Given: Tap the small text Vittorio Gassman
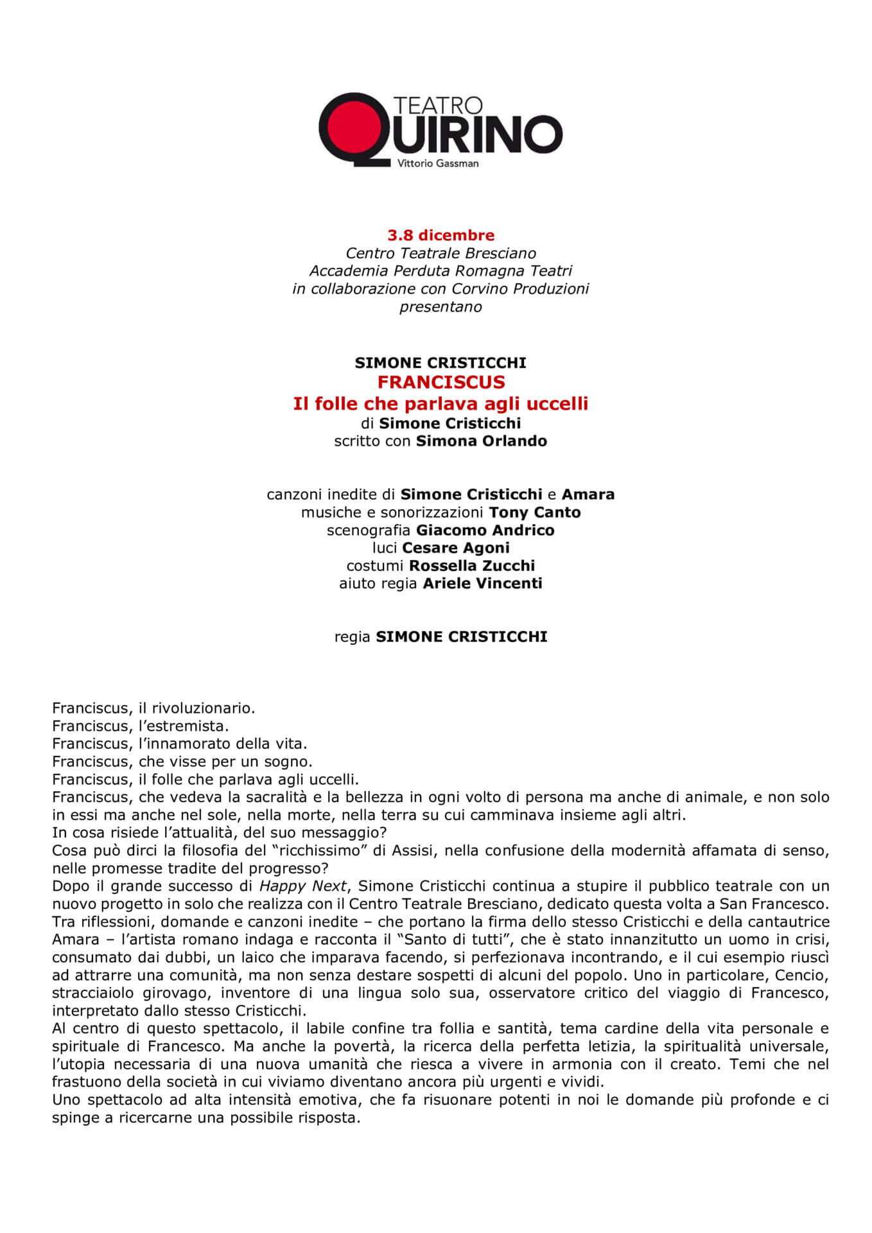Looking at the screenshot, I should point(438,164).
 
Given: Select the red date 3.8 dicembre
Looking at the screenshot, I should point(440,235).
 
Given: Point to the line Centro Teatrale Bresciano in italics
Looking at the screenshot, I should point(440,253).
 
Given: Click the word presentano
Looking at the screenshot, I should point(440,307).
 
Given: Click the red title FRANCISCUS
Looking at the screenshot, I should point(441,382).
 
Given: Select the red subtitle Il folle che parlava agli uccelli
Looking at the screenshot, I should point(440,403).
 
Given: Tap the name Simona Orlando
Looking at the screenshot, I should point(481,441).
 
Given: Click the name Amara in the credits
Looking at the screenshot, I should point(588,494).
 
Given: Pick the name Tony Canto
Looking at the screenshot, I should point(534,512).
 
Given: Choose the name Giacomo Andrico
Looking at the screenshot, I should point(485,530).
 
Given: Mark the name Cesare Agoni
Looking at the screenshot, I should point(455,548).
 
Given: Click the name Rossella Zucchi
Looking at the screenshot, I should point(471,566).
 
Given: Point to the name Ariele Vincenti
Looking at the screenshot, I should point(482,584).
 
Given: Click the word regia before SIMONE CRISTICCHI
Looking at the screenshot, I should point(352,637).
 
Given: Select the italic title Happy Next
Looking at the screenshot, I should point(302,886).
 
